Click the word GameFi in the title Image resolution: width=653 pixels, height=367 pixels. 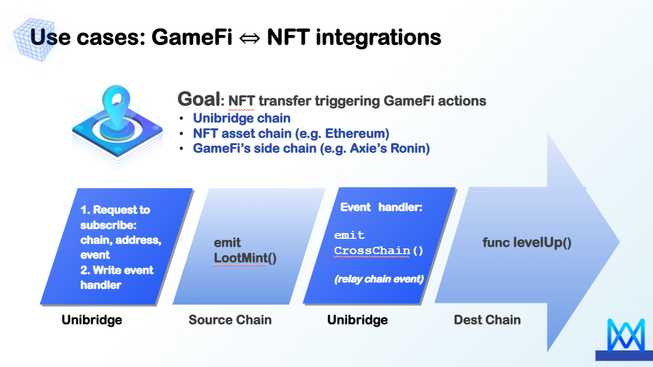(x=192, y=37)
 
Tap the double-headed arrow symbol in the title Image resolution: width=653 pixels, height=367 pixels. (x=249, y=39)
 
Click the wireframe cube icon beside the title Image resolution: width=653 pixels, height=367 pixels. (x=34, y=39)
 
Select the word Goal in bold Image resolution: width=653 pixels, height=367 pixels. (x=199, y=99)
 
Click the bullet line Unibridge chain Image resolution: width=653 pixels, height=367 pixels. (x=242, y=118)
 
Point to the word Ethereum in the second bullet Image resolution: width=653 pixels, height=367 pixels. (x=357, y=133)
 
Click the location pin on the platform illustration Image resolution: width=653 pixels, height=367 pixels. (x=117, y=106)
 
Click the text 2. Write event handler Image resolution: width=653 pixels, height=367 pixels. (x=117, y=278)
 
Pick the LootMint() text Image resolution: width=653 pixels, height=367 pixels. (x=245, y=258)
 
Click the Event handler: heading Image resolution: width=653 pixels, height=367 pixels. (x=381, y=207)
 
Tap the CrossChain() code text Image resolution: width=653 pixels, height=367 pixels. (x=378, y=250)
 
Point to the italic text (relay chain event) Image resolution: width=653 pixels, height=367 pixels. (x=379, y=279)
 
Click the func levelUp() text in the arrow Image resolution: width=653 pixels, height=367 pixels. (x=527, y=243)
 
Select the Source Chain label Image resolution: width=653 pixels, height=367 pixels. (x=230, y=320)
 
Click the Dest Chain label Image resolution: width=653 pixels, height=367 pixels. (x=487, y=320)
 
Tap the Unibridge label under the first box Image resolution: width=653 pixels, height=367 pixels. (x=92, y=320)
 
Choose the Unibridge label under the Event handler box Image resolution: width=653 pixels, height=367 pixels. (x=357, y=320)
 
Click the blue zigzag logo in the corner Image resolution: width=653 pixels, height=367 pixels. (x=625, y=335)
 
